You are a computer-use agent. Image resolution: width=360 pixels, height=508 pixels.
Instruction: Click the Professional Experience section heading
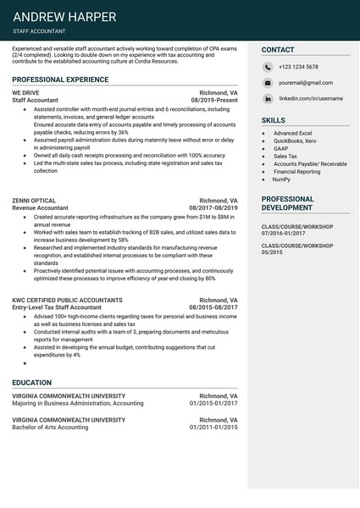[x=60, y=80]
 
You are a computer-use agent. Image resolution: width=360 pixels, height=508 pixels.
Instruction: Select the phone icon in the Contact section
[x=267, y=67]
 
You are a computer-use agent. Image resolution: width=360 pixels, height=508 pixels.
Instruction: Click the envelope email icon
[x=267, y=84]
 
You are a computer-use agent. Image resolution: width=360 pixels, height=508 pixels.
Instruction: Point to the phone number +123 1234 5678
[x=298, y=67]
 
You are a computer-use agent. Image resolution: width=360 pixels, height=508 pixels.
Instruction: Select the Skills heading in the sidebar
[x=274, y=121]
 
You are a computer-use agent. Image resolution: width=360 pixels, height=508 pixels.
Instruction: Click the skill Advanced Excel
[x=292, y=134]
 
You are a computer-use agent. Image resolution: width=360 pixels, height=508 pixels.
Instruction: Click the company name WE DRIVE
[x=25, y=92]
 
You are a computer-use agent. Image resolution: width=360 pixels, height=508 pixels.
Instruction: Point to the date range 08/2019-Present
[x=214, y=100]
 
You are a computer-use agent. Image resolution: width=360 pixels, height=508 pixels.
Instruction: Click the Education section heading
[x=31, y=383]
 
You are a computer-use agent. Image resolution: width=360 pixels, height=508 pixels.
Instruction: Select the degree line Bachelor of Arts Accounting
[x=50, y=428]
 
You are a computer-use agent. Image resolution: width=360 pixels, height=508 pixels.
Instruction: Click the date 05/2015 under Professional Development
[x=273, y=252]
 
